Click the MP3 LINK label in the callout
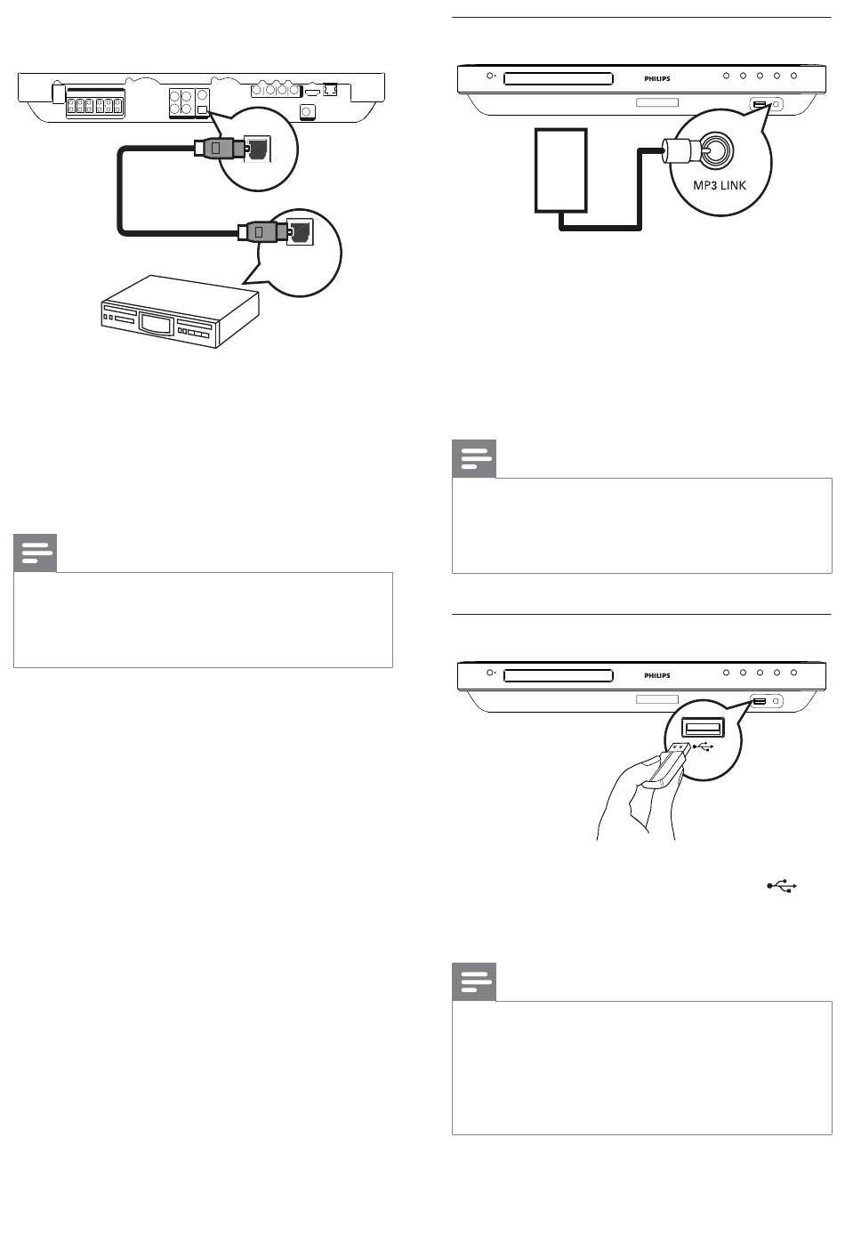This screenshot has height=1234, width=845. pos(720,185)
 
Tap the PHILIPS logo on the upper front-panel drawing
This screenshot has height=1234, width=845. pos(657,79)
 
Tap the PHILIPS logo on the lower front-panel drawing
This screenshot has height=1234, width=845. pos(657,675)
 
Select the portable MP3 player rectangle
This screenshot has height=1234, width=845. pos(560,170)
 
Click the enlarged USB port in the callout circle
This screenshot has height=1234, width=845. pos(703,729)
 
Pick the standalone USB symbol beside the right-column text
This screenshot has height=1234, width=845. pos(782,886)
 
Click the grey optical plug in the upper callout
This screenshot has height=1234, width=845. pos(219,148)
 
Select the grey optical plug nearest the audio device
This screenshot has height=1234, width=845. pos(262,230)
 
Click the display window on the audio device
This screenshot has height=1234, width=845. pos(155,322)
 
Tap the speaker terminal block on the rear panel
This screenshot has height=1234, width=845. pos(95,105)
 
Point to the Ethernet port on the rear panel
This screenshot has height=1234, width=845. pos(330,89)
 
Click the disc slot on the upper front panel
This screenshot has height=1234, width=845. pos(558,78)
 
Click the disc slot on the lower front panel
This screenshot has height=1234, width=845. pos(558,675)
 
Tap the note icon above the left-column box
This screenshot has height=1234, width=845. pos(36,553)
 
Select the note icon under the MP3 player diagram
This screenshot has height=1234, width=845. pos(474,459)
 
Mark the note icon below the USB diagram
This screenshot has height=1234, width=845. pos(474,982)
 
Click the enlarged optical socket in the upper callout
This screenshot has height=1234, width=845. pos(258,149)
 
